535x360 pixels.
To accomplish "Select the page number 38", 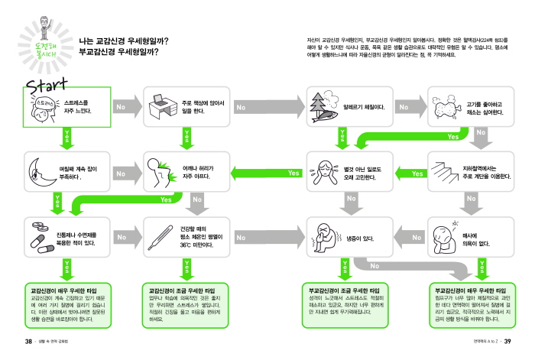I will [28, 341].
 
